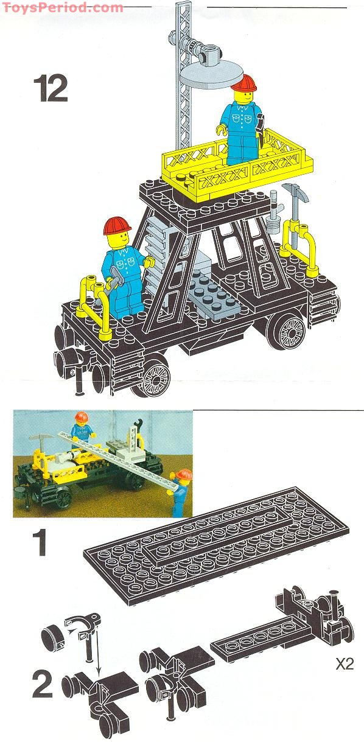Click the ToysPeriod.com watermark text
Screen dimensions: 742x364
[x=61, y=7]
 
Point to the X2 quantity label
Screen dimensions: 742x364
[x=345, y=664]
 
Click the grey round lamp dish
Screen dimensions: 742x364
[x=207, y=75]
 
